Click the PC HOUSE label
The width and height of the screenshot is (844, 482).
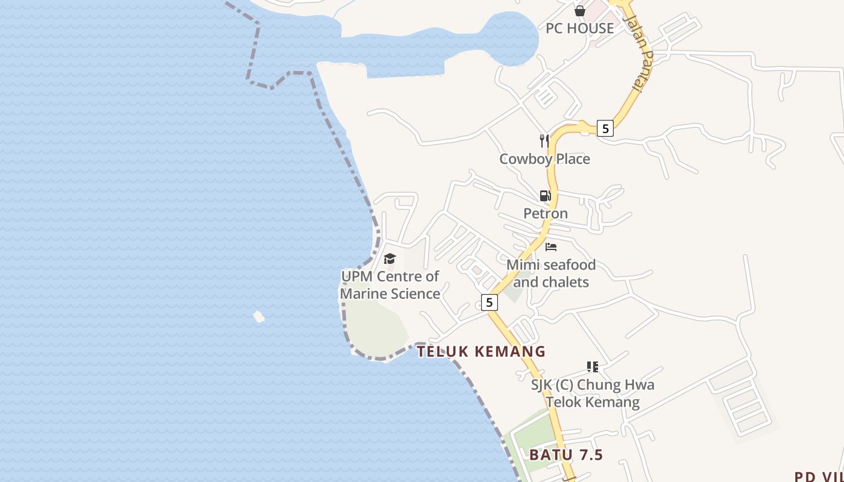click(x=579, y=28)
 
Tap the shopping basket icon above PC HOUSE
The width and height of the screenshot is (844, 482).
click(x=580, y=11)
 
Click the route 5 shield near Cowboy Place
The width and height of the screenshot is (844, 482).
click(x=605, y=128)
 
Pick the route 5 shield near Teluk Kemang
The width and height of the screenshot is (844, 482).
click(x=490, y=302)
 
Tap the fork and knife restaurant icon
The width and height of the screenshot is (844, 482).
click(x=544, y=141)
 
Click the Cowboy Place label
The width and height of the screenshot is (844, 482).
click(x=544, y=159)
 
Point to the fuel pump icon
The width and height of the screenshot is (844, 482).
click(x=545, y=196)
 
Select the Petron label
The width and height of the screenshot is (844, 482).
click(x=545, y=213)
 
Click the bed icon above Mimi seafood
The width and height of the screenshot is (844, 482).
click(x=550, y=246)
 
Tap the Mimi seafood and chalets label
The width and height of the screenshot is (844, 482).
click(x=550, y=273)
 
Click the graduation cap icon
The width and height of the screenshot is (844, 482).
click(x=389, y=259)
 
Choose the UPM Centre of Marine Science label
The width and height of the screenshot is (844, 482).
click(x=390, y=285)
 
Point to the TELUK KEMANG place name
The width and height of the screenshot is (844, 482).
click(x=481, y=352)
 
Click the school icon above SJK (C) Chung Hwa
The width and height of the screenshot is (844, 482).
click(x=592, y=366)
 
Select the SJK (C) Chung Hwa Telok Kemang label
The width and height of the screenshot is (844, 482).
click(x=592, y=393)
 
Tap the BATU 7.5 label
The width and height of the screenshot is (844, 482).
click(x=566, y=455)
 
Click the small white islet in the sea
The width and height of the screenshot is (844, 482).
click(x=259, y=316)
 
